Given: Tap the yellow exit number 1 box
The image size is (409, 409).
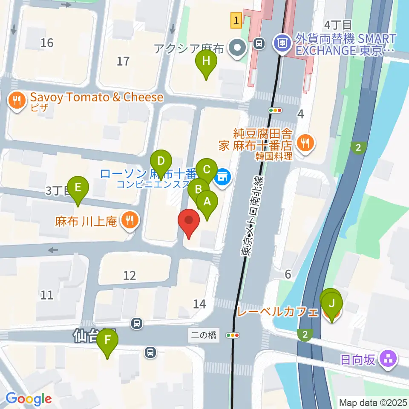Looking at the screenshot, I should [x=236, y=20].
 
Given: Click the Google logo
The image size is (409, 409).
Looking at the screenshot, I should [x=29, y=399].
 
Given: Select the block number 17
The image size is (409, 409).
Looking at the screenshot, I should [x=123, y=61].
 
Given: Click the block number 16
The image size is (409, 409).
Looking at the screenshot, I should [x=47, y=43].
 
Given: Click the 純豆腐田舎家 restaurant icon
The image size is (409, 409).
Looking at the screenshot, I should [x=305, y=142].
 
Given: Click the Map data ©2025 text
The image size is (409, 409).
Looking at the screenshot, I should [x=373, y=403].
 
